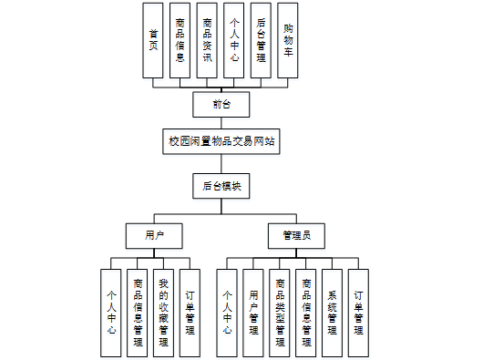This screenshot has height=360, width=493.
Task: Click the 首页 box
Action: point(153,41)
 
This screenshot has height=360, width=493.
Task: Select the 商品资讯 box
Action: point(207,41)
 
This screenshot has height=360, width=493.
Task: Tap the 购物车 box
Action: point(288,41)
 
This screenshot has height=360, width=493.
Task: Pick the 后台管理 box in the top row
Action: point(261,41)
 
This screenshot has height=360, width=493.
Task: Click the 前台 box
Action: point(221,105)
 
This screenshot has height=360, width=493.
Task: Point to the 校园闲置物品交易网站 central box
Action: point(221,141)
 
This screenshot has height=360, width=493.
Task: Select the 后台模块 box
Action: point(221,186)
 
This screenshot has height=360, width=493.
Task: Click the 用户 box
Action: point(154,236)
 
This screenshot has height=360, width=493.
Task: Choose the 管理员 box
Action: point(296,236)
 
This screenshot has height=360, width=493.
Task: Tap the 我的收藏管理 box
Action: point(163,314)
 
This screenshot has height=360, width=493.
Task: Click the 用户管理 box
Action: point(253,314)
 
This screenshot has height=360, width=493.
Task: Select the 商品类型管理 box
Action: point(280,314)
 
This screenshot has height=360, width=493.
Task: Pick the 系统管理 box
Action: point(332,314)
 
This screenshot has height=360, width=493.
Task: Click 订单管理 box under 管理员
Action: point(358,314)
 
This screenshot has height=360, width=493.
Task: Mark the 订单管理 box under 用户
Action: point(190,314)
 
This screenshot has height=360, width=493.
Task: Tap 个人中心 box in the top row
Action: point(233,41)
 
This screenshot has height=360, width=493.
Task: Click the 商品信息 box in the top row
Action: point(180,41)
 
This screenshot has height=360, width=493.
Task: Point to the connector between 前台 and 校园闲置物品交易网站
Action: point(221,123)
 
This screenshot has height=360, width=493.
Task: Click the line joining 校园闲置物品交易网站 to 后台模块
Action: point(221,164)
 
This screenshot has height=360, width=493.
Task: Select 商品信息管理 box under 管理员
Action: point(306,314)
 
